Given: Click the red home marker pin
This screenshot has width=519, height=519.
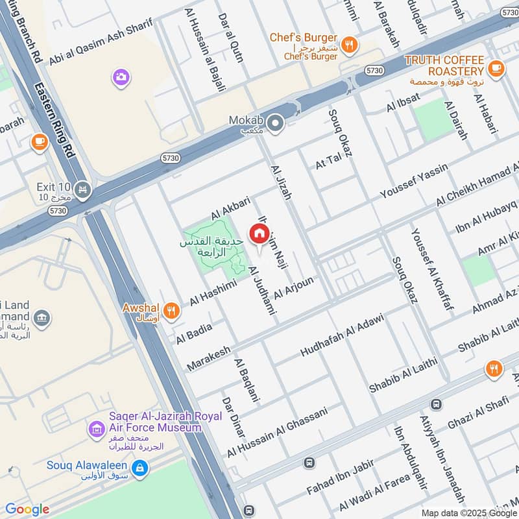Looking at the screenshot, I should coord(259,234).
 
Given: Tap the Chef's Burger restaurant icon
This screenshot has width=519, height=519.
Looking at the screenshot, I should coord(350,44).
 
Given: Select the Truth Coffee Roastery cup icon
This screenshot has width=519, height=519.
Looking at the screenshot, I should coord(496,69).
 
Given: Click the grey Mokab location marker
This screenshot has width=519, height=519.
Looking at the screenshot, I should coord(276,122).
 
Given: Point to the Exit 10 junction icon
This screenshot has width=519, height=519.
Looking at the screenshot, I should coord(82,189).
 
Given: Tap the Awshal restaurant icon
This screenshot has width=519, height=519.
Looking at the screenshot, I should coord(171,310).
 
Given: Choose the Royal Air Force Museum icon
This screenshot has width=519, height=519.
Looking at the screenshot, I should coord(97,429).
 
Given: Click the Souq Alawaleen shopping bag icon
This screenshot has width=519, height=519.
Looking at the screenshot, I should coord(139,466).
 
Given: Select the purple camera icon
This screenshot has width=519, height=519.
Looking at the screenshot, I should coord(120,77).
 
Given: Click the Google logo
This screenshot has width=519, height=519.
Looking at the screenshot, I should coord(27,509).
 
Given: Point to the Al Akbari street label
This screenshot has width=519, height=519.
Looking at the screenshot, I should coord(230,208).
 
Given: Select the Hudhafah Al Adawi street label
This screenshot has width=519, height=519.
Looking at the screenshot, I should coord(342,335).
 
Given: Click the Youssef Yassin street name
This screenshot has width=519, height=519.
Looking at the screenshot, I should coord(414,182).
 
